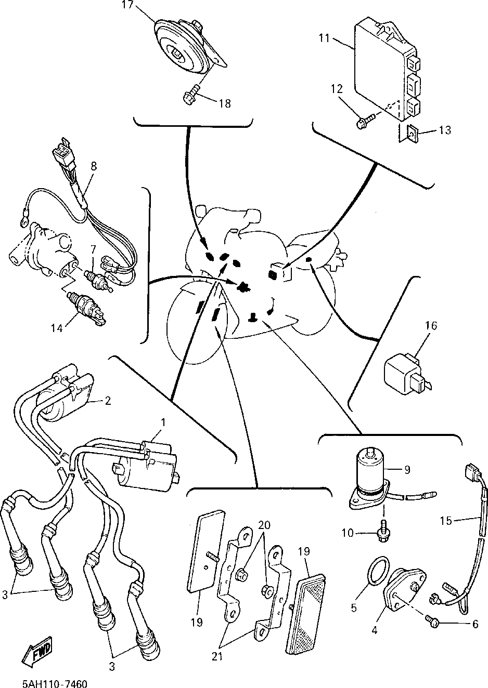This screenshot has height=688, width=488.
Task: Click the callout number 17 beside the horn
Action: point(127,6)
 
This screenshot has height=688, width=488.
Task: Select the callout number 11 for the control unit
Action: point(325,38)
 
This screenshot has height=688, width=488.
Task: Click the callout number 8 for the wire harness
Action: point(94,167)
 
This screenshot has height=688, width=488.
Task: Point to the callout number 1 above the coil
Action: point(162,423)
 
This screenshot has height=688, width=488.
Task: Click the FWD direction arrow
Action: point(37,651)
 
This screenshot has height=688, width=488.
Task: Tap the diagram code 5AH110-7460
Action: point(55,681)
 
